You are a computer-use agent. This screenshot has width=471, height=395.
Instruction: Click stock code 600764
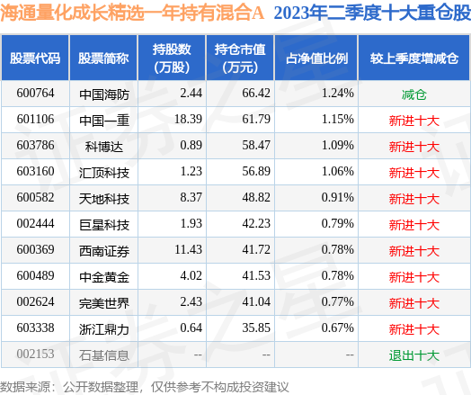pos(35,93)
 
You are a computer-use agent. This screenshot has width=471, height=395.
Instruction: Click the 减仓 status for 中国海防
pos(413,93)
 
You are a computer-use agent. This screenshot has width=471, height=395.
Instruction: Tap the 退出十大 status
pos(413,355)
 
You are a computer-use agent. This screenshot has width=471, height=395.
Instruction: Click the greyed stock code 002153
pos(35,355)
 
